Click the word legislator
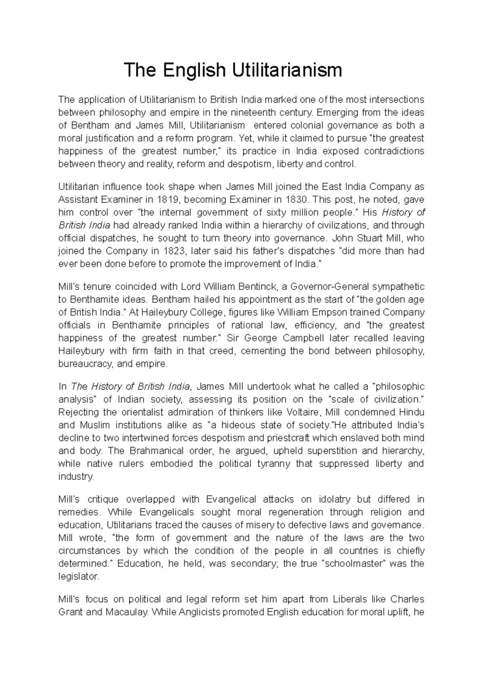click(x=78, y=577)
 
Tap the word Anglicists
click(x=197, y=612)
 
